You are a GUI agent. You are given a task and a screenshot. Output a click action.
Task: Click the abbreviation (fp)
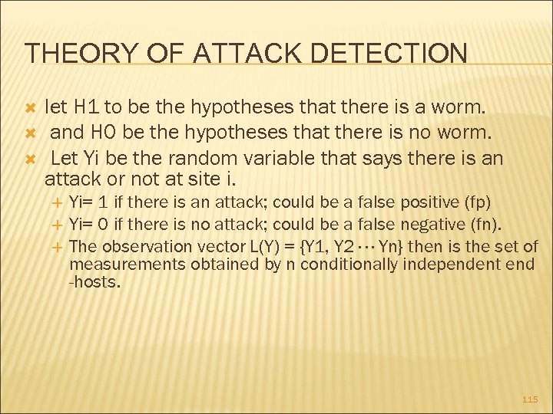[x=478, y=202]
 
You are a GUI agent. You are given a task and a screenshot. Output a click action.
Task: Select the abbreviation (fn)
[x=487, y=225]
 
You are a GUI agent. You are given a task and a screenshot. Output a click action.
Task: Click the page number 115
[x=530, y=399]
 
